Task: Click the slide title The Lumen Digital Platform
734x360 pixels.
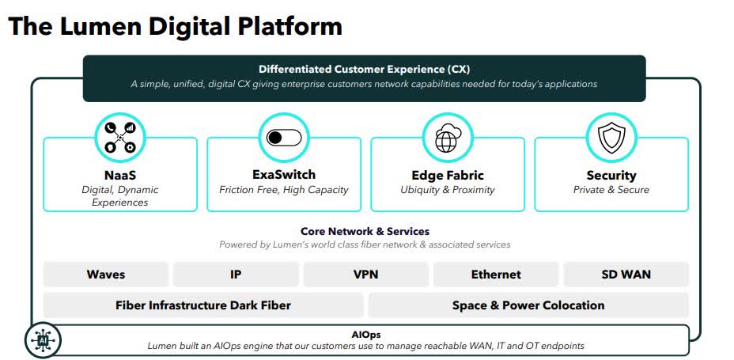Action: coord(175,26)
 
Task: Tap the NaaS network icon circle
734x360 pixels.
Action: coord(119,138)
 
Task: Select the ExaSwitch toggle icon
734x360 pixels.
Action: coord(283,138)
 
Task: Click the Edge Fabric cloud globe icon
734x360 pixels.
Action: coord(447,138)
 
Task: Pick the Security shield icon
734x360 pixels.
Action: coord(611,138)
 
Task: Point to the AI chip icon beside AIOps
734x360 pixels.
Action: coord(43,340)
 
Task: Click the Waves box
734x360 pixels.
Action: coord(106,275)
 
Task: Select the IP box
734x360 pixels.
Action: coord(236,275)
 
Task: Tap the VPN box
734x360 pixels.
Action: coord(366,275)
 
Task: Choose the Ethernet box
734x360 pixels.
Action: coord(496,275)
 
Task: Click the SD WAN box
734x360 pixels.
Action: coord(626,275)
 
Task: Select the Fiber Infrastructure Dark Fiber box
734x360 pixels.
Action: coord(203,305)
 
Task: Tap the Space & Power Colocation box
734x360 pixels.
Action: coord(528,305)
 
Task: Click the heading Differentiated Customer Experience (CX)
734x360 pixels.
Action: coord(364,69)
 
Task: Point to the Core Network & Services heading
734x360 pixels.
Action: coord(365,232)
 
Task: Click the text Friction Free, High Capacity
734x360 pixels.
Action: coord(283,190)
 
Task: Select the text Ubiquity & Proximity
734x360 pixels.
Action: coord(447,190)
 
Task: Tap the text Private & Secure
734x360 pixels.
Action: coord(611,190)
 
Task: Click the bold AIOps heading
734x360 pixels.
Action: coord(365,334)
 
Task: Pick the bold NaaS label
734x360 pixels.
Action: coord(119,175)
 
